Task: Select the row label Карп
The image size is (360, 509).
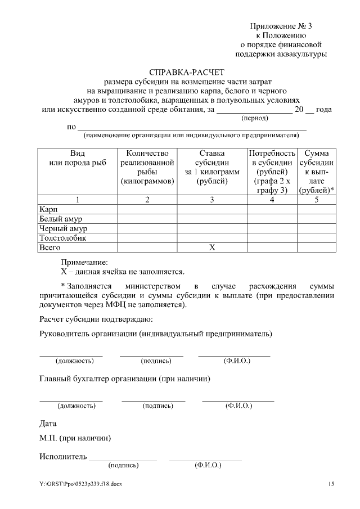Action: click(x=48, y=209)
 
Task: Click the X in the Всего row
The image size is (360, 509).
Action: click(x=212, y=247)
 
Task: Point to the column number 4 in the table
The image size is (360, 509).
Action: click(x=272, y=200)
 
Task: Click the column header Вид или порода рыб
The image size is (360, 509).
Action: click(x=78, y=158)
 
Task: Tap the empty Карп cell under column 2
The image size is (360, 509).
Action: click(x=147, y=209)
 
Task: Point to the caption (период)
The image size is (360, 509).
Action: click(x=255, y=118)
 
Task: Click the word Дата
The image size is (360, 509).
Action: click(x=48, y=423)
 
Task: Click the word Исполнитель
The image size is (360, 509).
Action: click(x=63, y=456)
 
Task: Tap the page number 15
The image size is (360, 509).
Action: click(x=331, y=484)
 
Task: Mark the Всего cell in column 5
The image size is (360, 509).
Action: click(x=317, y=247)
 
